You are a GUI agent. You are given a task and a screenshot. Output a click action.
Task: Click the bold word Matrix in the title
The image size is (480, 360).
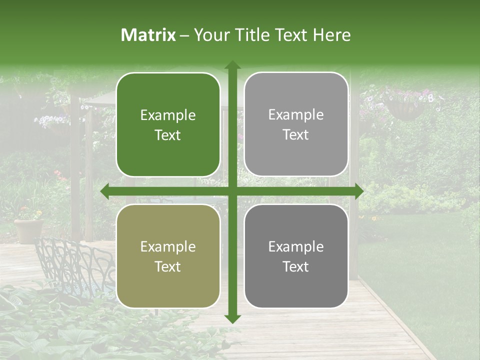tap(148, 35)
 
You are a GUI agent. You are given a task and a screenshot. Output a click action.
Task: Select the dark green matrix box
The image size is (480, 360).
tap(168, 124)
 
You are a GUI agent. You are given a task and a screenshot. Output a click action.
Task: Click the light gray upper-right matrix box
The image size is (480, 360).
tap(296, 124)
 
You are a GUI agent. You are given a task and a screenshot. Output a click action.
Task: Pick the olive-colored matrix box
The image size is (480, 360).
tap(168, 256)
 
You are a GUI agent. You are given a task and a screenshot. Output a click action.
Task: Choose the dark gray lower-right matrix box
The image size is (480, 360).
tap(296, 256)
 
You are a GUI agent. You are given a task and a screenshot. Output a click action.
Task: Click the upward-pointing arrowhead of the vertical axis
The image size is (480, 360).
tap(232, 65)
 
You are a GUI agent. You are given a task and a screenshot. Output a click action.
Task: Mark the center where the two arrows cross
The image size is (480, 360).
tap(232, 191)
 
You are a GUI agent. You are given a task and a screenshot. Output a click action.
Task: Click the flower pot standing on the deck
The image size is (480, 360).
tap(28, 229)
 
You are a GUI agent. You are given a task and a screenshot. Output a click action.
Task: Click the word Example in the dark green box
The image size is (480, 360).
tap(168, 115)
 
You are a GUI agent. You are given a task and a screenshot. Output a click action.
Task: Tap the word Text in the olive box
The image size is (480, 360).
tap(168, 266)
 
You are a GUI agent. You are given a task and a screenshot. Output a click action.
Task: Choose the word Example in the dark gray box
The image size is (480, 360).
tap(296, 246)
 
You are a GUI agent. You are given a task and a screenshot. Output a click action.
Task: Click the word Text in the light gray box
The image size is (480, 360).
tap(296, 135)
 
